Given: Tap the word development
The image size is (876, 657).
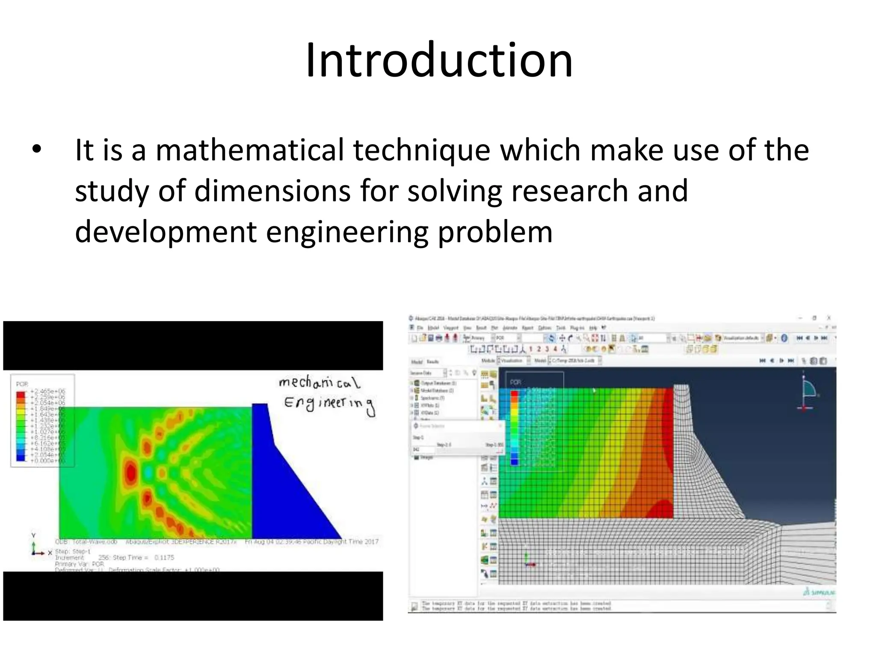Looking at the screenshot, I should coord(166,232).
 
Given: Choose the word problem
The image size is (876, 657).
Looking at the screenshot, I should coord(495,232).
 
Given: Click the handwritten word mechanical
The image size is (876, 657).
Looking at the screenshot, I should coord(319,382).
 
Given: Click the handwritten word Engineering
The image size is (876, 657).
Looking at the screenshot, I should coord(328,404).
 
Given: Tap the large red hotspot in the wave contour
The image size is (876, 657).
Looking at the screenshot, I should coord(130,473).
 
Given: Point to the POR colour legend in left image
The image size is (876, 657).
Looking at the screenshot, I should coord(42,421).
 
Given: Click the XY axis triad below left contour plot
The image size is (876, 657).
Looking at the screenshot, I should coord(37,548).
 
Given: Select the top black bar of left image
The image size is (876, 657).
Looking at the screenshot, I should coord(192,346).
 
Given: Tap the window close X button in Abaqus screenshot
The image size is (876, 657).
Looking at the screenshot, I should coord(829,318).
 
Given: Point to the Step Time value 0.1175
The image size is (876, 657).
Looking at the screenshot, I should coord(164,558).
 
